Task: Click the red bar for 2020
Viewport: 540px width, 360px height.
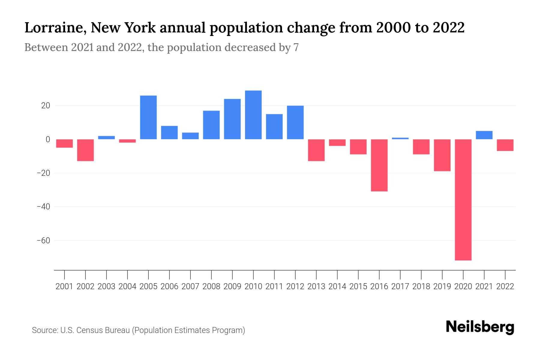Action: [x=463, y=199]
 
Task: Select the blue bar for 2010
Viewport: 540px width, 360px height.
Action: [x=253, y=115]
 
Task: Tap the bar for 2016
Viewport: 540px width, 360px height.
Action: [x=379, y=165]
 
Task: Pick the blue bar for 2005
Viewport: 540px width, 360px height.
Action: [x=148, y=117]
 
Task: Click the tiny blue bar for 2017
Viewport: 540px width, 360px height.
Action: [x=400, y=138]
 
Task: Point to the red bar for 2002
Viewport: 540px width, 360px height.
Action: [x=85, y=150]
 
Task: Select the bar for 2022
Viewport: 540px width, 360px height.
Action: [x=505, y=145]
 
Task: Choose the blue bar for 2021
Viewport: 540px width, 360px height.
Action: [x=484, y=135]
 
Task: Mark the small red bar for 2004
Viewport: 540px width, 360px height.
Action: [x=127, y=141]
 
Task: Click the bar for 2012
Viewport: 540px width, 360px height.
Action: [x=295, y=122]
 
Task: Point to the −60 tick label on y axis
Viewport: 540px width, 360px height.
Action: [x=43, y=241]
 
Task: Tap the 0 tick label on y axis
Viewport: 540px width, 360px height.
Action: [x=47, y=139]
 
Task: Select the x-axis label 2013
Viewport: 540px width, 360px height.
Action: [x=316, y=286]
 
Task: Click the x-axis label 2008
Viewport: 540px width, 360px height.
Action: [x=211, y=286]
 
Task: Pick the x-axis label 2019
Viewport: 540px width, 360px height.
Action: [x=442, y=286]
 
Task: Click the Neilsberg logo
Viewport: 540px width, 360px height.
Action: [x=480, y=327]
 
